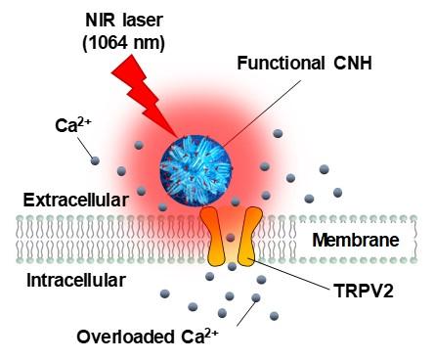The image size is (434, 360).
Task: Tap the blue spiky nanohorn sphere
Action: click(195, 171)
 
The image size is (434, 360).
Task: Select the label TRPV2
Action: click(364, 291)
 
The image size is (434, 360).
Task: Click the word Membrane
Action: click(356, 240)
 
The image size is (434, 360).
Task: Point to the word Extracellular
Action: click(76, 200)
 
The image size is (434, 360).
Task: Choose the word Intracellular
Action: click(76, 281)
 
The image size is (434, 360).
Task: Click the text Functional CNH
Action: click(304, 63)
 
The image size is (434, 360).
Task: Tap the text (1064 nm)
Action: click(124, 43)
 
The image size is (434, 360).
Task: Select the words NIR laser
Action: click(124, 21)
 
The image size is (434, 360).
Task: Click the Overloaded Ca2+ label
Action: click(148, 336)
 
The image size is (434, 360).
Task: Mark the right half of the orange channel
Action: click(249, 236)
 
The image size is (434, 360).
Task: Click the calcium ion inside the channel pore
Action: click(231, 237)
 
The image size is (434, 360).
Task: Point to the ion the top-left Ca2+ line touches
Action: click(95, 160)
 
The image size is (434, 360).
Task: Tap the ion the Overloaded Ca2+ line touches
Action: click(256, 297)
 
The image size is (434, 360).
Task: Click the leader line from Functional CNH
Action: click(262, 113)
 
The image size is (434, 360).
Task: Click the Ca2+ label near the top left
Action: click(72, 125)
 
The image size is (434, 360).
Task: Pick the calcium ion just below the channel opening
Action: click(232, 266)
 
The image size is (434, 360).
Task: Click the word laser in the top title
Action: click(143, 21)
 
